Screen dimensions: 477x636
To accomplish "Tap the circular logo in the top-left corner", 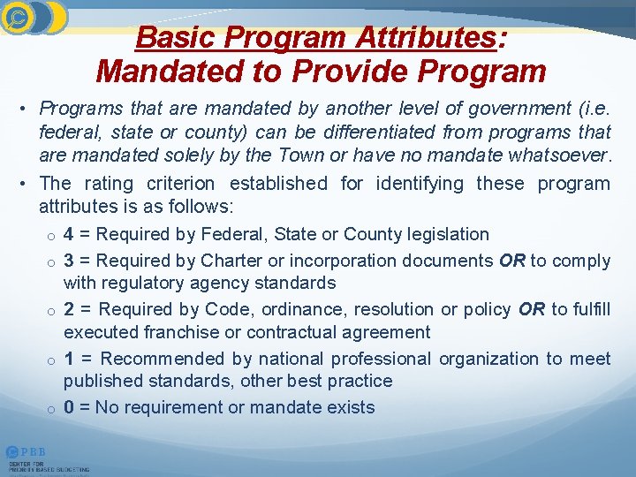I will click(x=18, y=16).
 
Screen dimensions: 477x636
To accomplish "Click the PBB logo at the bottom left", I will click(x=26, y=452).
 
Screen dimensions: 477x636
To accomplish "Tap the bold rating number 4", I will click(x=69, y=235).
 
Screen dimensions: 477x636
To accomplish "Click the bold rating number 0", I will click(x=69, y=408).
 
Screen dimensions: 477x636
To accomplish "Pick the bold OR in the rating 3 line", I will click(x=511, y=261).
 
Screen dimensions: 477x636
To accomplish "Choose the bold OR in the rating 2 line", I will click(x=532, y=310).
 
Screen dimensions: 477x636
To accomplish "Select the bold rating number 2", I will click(x=69, y=310).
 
